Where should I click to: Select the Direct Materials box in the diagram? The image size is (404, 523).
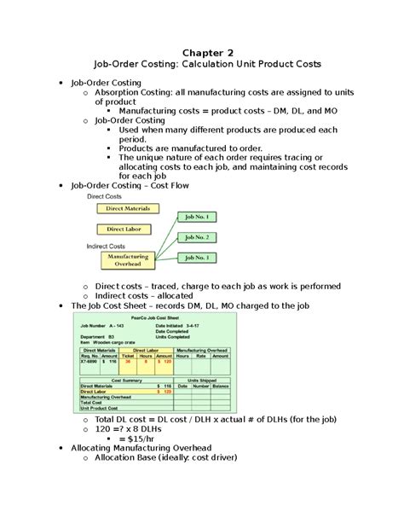pyautogui.click(x=127, y=207)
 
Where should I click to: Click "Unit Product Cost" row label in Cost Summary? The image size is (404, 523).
pyautogui.click(x=101, y=409)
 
